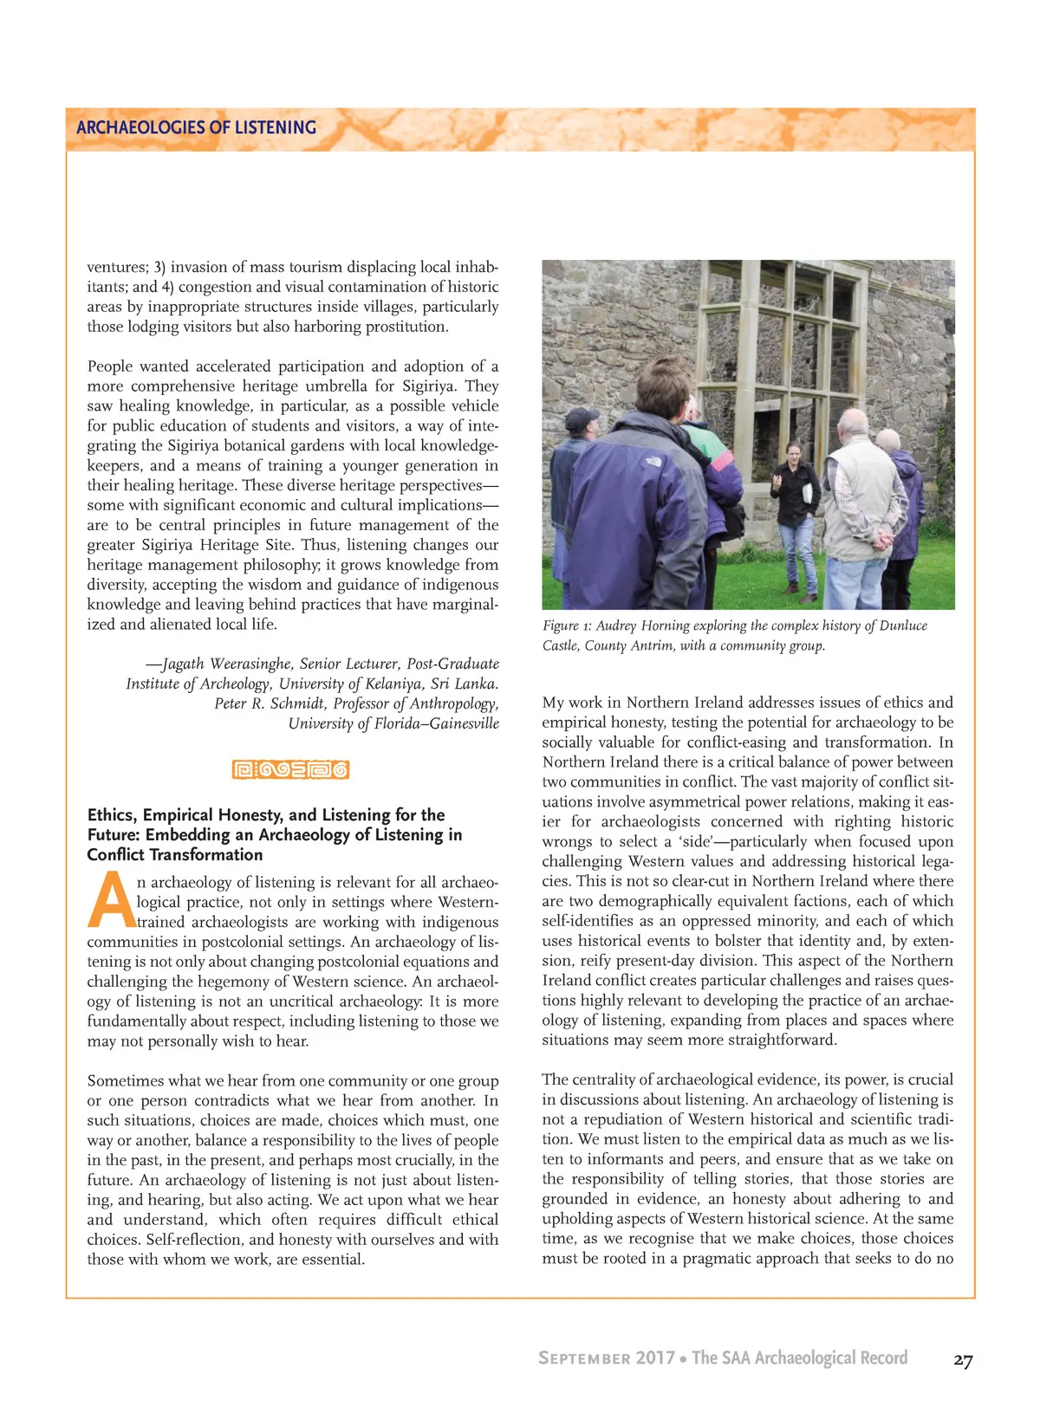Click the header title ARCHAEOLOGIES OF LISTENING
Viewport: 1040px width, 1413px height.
[x=196, y=127]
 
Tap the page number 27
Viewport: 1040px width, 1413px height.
[x=963, y=1360]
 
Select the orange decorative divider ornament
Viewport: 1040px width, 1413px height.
[x=290, y=769]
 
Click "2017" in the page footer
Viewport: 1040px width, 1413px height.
[x=654, y=1358]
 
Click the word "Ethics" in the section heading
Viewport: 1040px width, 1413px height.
[x=111, y=815]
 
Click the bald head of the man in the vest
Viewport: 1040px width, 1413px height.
[x=855, y=421]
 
